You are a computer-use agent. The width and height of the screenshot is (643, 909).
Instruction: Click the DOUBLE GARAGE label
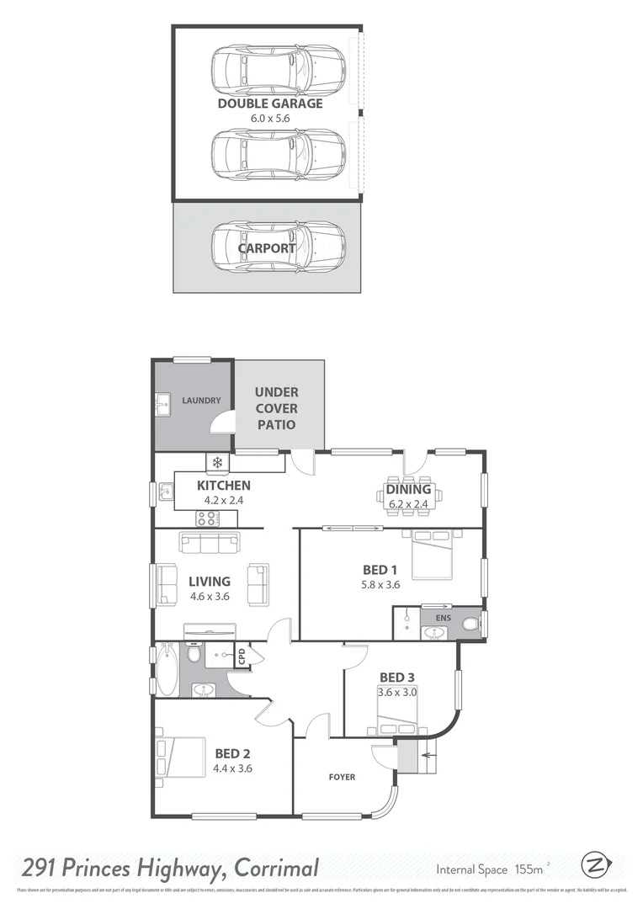(269, 104)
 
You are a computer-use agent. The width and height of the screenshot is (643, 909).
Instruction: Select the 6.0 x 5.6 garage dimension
(269, 118)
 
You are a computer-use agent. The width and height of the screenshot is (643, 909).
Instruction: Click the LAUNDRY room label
(201, 401)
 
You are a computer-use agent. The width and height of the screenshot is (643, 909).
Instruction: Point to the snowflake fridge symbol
(217, 462)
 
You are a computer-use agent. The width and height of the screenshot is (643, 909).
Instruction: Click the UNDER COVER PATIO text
(276, 408)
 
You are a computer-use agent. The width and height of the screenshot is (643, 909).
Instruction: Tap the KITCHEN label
(223, 486)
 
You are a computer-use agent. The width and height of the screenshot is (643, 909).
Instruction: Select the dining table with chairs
(408, 497)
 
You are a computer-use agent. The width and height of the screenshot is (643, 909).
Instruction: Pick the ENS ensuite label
(443, 618)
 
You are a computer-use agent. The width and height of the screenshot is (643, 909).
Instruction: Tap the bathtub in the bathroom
(167, 670)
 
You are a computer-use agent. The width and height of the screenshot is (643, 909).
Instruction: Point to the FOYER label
(342, 777)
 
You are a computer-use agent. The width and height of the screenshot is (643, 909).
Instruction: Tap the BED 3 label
(397, 678)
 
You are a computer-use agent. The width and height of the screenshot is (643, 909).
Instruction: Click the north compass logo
(596, 865)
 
